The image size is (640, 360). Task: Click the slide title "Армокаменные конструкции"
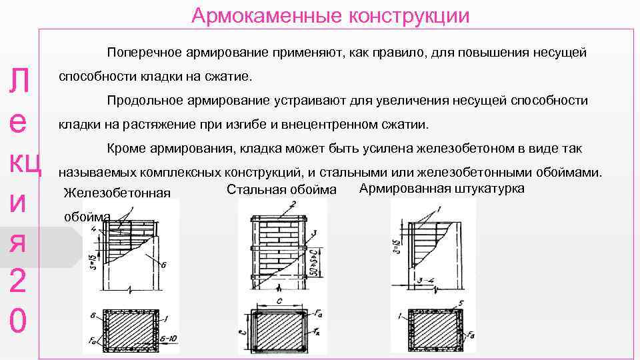(330, 15)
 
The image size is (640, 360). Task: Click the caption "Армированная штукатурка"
(441, 188)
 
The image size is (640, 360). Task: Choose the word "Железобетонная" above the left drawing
(117, 193)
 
